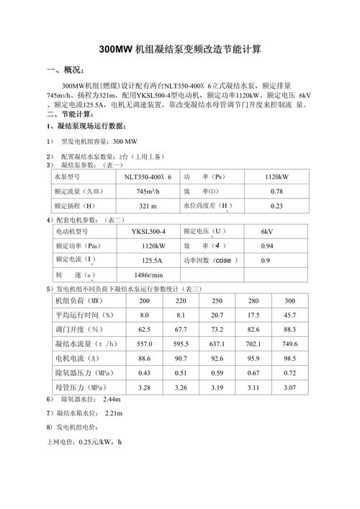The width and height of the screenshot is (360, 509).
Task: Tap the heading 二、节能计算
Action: pyautogui.click(x=70, y=114)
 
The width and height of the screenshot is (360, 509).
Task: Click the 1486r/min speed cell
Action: pyautogui.click(x=148, y=275)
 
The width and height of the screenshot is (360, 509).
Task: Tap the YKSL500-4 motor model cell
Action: pyautogui.click(x=148, y=231)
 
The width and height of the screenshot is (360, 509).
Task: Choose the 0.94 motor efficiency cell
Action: pyautogui.click(x=266, y=246)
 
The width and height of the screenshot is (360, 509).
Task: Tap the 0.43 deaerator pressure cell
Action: pyautogui.click(x=144, y=372)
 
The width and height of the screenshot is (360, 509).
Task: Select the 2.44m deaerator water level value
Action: pyautogui.click(x=112, y=399)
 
